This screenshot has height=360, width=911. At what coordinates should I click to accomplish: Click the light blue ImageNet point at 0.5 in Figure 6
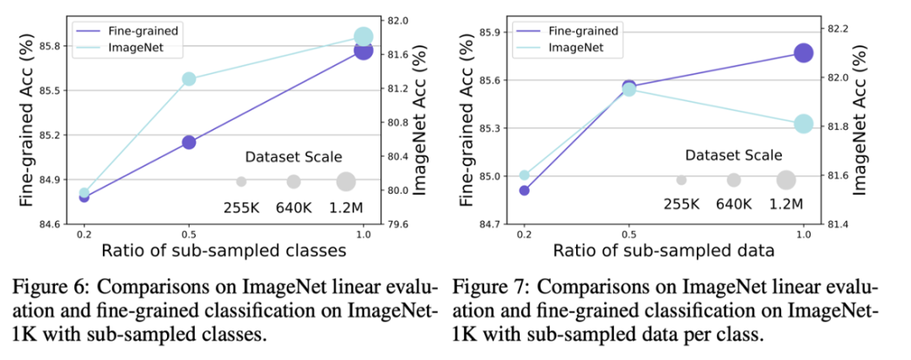pyautogui.click(x=189, y=78)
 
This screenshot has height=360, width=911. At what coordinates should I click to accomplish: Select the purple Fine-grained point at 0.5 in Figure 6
pyautogui.click(x=189, y=142)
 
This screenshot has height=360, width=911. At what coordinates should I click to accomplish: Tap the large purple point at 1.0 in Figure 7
pyautogui.click(x=803, y=52)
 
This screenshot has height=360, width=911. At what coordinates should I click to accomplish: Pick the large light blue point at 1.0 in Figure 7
pyautogui.click(x=803, y=123)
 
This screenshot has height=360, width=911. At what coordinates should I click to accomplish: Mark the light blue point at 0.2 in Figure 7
pyautogui.click(x=524, y=175)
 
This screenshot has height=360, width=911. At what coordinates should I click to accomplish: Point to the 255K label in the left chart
pyautogui.click(x=241, y=207)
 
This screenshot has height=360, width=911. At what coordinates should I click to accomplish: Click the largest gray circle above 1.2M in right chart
pyautogui.click(x=786, y=180)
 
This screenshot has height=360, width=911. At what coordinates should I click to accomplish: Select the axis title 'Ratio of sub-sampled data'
pyautogui.click(x=664, y=250)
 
